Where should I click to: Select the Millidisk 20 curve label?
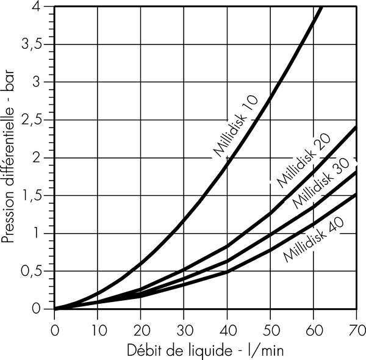point(303,161)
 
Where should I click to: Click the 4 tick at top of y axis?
point(43,6)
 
